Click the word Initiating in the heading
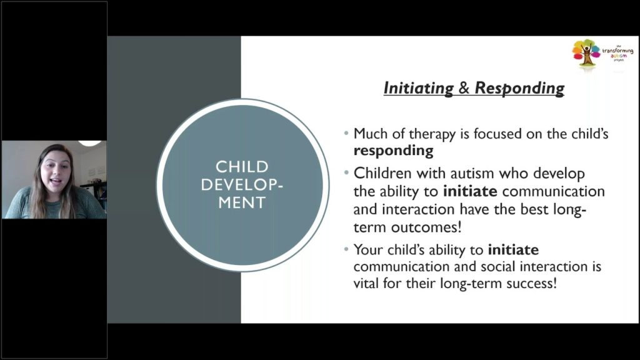[418, 88]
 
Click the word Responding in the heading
[519, 88]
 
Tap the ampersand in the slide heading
[464, 88]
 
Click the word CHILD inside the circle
[241, 167]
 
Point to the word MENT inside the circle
[241, 202]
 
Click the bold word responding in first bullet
[393, 151]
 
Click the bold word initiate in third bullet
[513, 250]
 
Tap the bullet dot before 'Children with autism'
[347, 173]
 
